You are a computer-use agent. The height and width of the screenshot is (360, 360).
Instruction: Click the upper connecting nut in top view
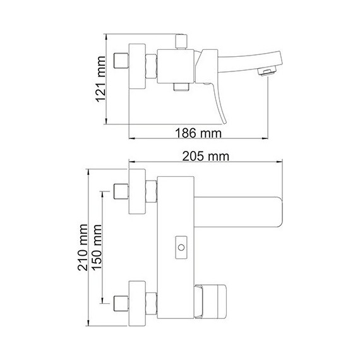pyautogui.click(x=151, y=191)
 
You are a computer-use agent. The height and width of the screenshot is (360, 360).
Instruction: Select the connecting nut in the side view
pyautogui.click(x=151, y=66)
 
